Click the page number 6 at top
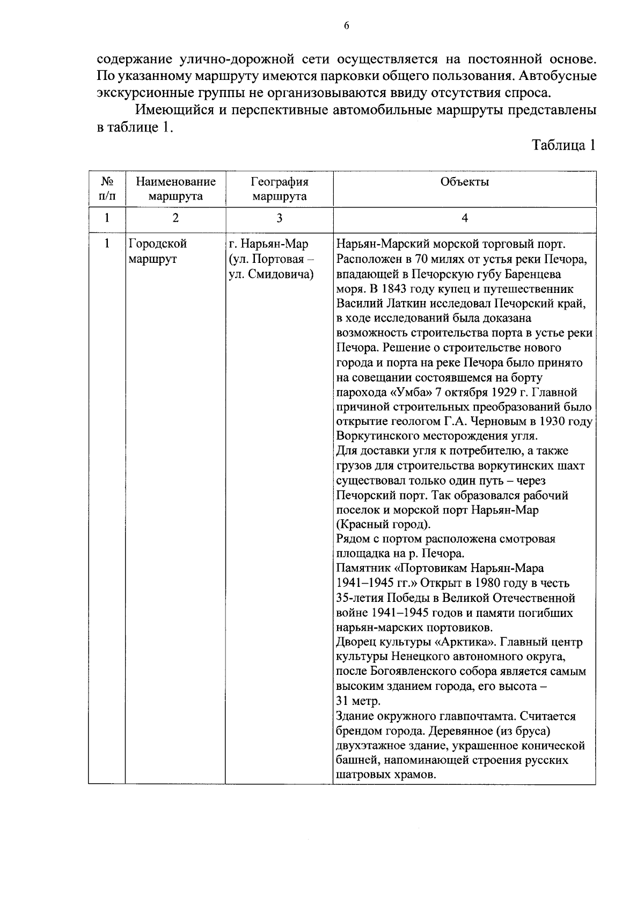tap(346, 26)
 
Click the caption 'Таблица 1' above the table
tap(563, 145)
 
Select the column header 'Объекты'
tap(464, 182)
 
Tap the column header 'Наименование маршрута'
tap(175, 189)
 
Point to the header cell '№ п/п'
tap(107, 189)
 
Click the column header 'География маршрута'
tap(279, 189)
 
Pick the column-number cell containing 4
tap(464, 218)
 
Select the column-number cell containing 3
tap(279, 218)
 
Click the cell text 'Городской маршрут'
tap(157, 251)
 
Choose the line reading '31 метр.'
tap(358, 701)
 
